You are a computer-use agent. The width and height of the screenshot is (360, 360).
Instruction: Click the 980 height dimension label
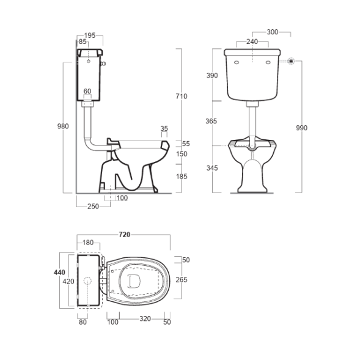pyautogui.click(x=63, y=127)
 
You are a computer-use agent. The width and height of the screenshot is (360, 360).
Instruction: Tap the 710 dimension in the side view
pyautogui.click(x=182, y=96)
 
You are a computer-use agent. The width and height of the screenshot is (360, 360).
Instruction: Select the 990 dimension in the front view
pyautogui.click(x=301, y=128)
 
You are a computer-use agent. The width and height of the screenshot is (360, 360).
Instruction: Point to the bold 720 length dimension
pyautogui.click(x=125, y=235)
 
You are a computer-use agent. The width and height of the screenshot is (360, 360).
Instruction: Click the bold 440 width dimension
pyautogui.click(x=59, y=273)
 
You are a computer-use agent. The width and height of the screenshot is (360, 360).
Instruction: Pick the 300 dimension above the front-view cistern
pyautogui.click(x=273, y=32)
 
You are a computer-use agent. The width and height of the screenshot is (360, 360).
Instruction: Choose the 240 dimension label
pyautogui.click(x=252, y=42)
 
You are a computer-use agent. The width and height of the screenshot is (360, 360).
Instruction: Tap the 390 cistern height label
pyautogui.click(x=212, y=75)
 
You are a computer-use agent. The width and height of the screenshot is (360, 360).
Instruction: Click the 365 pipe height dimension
pyautogui.click(x=211, y=121)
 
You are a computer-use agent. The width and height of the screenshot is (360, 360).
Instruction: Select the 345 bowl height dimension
pyautogui.click(x=212, y=168)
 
